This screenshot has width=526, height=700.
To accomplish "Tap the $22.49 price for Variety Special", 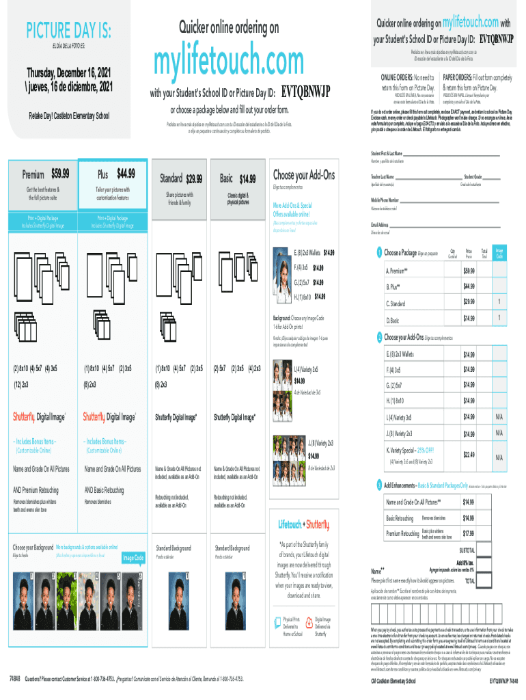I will click(x=469, y=454).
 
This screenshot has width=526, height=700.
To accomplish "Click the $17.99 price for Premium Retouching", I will click(x=469, y=533).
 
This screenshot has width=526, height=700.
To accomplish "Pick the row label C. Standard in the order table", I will click(x=397, y=303).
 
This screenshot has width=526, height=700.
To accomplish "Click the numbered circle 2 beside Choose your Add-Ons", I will click(x=380, y=337).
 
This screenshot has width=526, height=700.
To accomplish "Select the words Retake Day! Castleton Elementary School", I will click(x=68, y=116).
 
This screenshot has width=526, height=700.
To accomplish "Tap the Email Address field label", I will click(x=380, y=225).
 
